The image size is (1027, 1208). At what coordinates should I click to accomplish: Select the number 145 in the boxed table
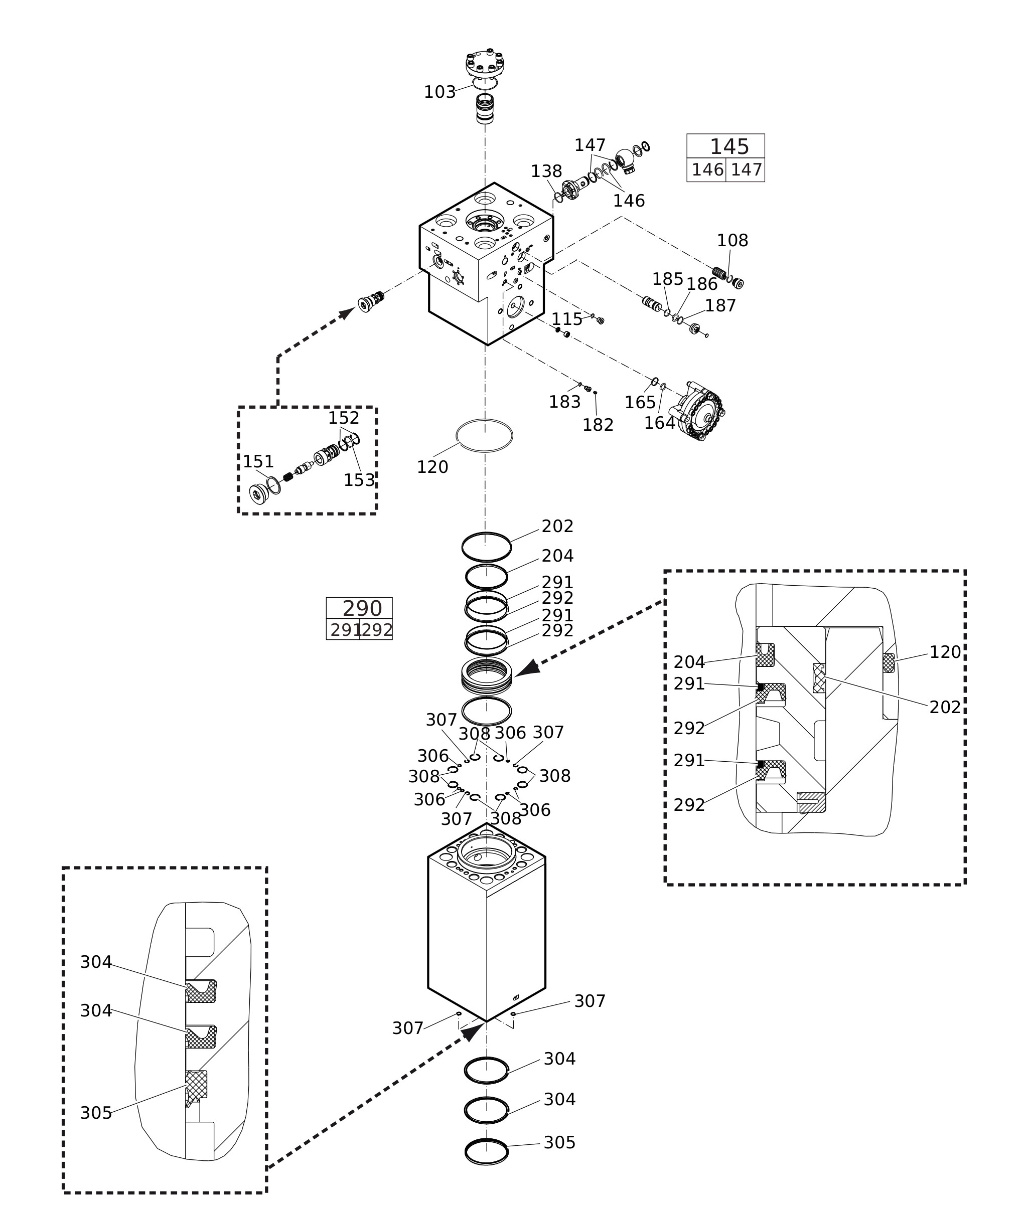coord(729,146)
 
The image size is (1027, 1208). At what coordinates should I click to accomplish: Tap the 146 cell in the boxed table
coord(707,170)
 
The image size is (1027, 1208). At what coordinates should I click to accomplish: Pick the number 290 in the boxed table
coord(362,609)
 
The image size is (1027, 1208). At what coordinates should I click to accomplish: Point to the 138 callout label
coord(546,171)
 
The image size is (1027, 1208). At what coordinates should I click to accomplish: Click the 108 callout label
coord(732,240)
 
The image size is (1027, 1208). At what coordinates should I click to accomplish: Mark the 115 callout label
coord(566,319)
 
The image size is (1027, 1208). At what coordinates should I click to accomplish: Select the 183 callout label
coord(564,402)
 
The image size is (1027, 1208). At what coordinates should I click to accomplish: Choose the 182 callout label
coord(598,425)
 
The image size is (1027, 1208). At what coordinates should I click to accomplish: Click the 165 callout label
coord(640,403)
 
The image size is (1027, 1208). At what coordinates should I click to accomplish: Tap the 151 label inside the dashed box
coord(258,462)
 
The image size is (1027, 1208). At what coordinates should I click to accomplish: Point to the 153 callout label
coord(359,480)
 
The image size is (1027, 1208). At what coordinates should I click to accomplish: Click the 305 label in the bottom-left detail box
coord(95,1113)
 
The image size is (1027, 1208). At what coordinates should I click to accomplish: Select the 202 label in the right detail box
coord(944,708)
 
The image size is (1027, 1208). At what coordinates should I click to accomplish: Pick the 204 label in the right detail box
coord(689,662)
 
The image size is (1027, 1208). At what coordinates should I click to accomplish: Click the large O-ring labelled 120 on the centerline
coord(484,436)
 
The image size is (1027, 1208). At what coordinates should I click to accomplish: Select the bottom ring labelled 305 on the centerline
coord(487,1151)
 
